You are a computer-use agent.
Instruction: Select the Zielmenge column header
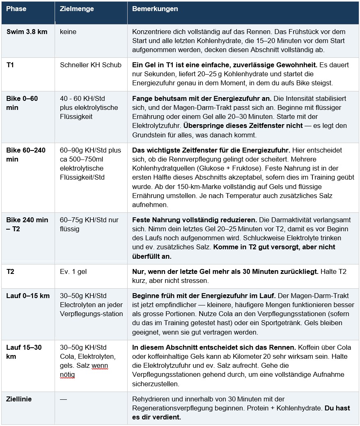(x=76, y=9)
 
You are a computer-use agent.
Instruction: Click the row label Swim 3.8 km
(x=27, y=32)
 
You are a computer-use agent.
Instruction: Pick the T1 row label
(x=10, y=65)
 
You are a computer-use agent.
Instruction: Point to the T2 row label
(x=10, y=271)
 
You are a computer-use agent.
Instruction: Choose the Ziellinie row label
(x=19, y=399)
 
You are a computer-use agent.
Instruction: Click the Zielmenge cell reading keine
(x=68, y=32)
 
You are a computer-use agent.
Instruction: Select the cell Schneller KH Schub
(x=91, y=65)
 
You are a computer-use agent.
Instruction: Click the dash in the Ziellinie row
(x=63, y=399)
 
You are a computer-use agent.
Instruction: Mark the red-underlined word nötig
(x=67, y=374)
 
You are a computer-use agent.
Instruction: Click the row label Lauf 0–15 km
(x=28, y=296)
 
